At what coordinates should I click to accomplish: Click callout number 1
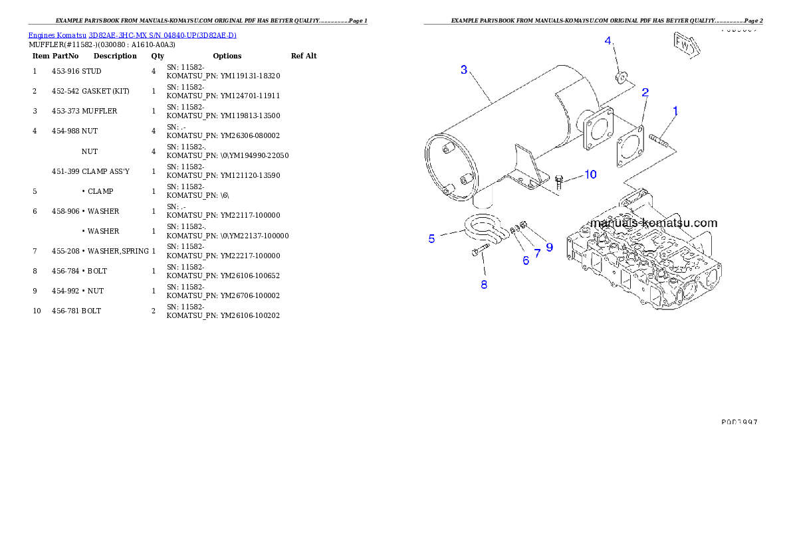pos(675,111)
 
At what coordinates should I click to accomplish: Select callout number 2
pos(645,92)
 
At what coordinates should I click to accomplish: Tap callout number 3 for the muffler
pos(464,70)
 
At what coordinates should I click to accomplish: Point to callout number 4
pos(608,41)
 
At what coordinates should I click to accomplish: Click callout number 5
pos(432,238)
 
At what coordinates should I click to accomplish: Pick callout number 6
pos(526,261)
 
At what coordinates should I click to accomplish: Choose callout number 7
pos(537,254)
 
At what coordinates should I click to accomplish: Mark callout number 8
pos(484,285)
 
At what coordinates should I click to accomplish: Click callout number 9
pos(549,247)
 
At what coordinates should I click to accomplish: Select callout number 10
pos(590,175)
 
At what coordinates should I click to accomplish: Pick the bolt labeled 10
pos(559,182)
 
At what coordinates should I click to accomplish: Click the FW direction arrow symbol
pos(684,44)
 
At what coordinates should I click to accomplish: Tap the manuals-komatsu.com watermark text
pos(653,223)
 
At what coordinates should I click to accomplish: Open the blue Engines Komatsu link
pos(132,35)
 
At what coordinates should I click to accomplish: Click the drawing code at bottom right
pos(739,422)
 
